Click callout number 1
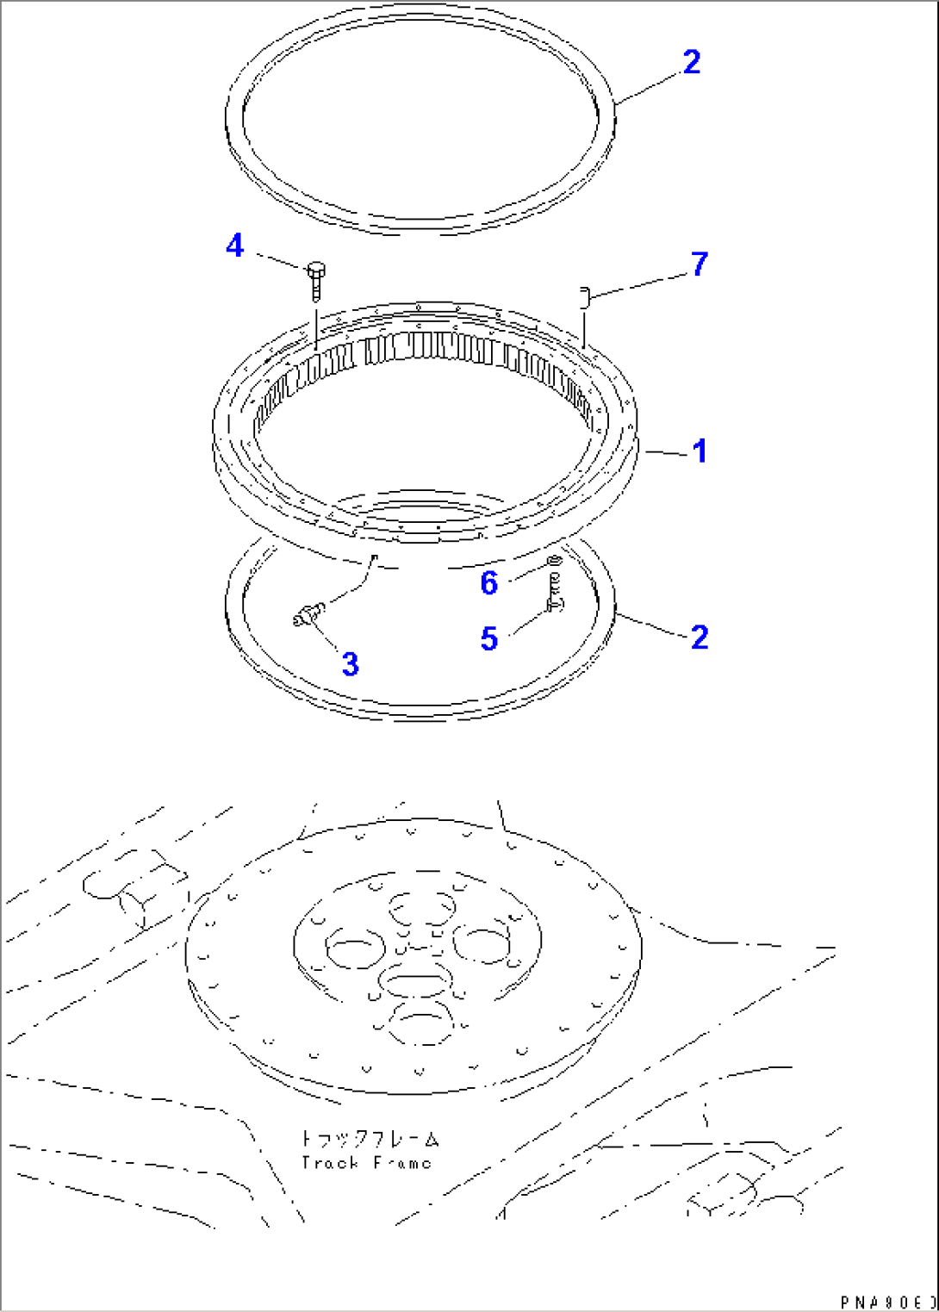click(x=700, y=451)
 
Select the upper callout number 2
click(x=692, y=62)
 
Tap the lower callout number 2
click(x=699, y=637)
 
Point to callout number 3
click(x=350, y=663)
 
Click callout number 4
click(x=234, y=246)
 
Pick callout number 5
click(x=488, y=638)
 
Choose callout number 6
click(x=488, y=583)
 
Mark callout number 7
click(x=699, y=264)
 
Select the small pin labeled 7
click(x=583, y=297)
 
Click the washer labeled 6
click(x=554, y=563)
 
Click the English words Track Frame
click(x=366, y=1163)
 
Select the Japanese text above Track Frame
click(x=370, y=1139)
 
